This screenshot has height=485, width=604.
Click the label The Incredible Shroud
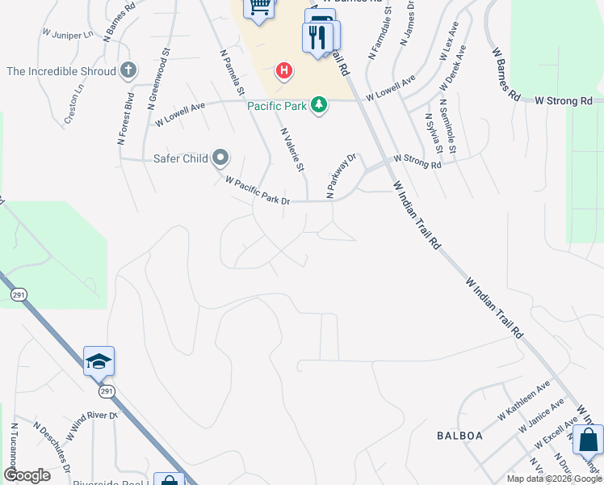pyautogui.click(x=61, y=71)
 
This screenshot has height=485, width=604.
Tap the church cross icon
pyautogui.click(x=128, y=71)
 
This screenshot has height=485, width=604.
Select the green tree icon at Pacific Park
pyautogui.click(x=320, y=105)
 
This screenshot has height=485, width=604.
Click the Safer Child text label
pyautogui.click(x=181, y=158)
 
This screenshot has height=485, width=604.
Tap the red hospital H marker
pyautogui.click(x=283, y=71)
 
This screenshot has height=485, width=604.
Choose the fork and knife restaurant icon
pyautogui.click(x=317, y=36)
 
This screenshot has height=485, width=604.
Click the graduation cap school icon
pyautogui.click(x=99, y=361)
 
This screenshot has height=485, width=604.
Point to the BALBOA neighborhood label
pyautogui.click(x=459, y=436)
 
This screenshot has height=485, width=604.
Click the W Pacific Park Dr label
pyautogui.click(x=257, y=191)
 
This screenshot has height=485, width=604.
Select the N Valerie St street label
pyautogui.click(x=292, y=150)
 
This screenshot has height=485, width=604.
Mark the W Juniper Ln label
pyautogui.click(x=68, y=35)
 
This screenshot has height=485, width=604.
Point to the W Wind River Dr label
pyautogui.click(x=92, y=425)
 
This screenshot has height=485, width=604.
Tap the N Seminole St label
pyautogui.click(x=447, y=126)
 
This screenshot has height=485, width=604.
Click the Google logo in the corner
pyautogui.click(x=27, y=475)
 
